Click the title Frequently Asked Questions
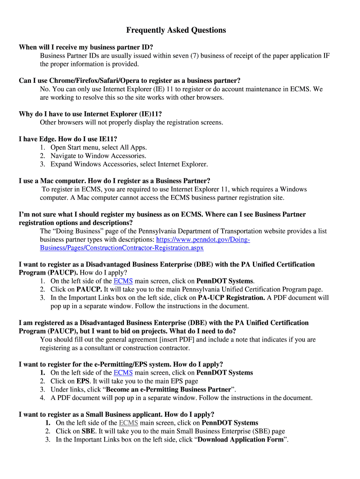coord(176,30)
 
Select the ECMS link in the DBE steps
coord(123,281)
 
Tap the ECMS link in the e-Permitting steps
coord(123,373)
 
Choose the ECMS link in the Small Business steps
coord(129,423)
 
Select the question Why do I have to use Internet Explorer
coord(90,114)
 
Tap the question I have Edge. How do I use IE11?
coord(68,139)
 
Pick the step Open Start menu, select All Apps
coord(98,147)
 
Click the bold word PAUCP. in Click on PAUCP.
coord(89,290)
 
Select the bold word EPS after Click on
coord(83,381)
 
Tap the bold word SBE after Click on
coord(88,431)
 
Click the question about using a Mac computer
coord(115,181)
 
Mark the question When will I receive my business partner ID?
coord(86,47)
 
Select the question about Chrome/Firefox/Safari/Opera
coord(130,80)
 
